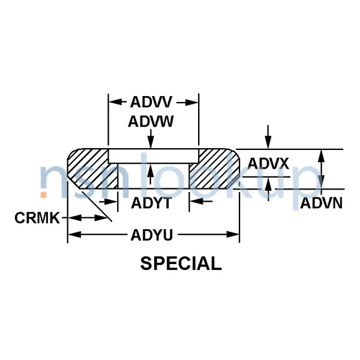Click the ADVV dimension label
point(153,102)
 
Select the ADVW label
point(151,122)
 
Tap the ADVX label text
point(269,163)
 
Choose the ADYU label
point(152,235)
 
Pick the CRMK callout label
point(37,218)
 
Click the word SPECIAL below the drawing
point(181,263)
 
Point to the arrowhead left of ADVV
point(113,102)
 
